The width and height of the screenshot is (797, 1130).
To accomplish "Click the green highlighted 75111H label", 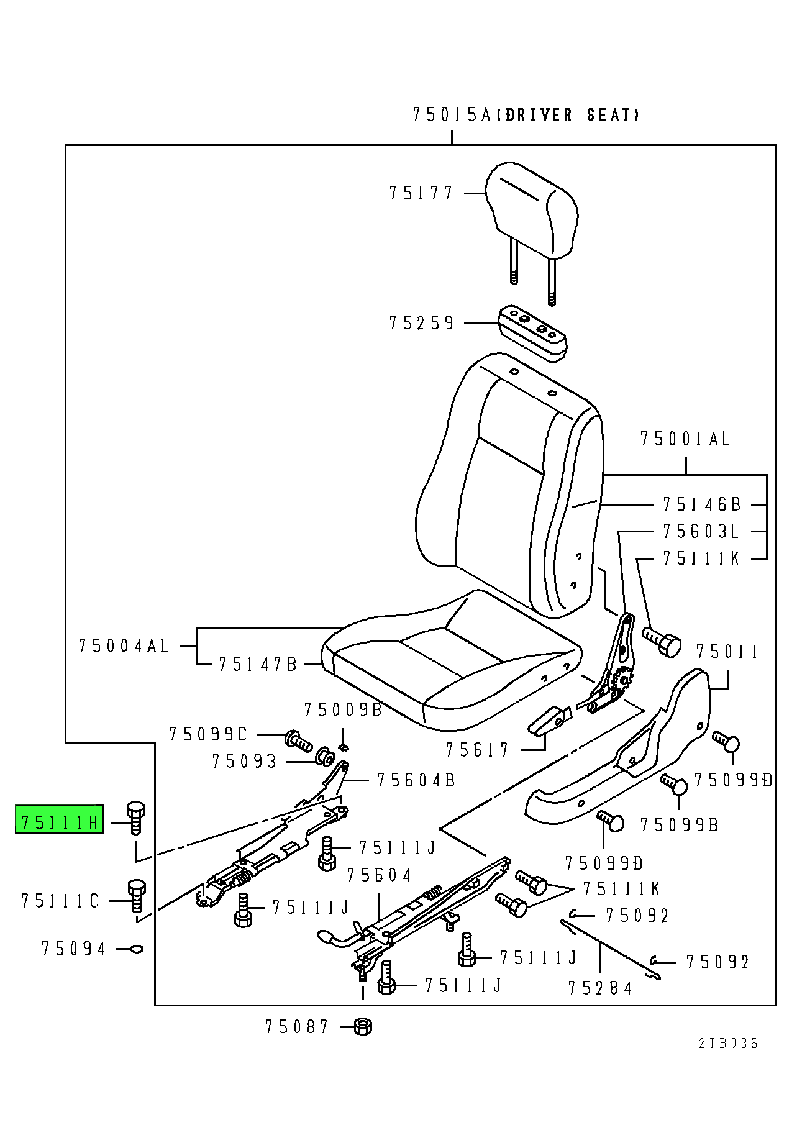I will pyautogui.click(x=59, y=822).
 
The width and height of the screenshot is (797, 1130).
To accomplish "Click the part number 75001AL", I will pyautogui.click(x=685, y=439).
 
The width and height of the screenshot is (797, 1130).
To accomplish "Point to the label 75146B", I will pyautogui.click(x=701, y=504).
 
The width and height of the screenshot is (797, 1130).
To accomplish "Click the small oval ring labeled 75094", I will pyautogui.click(x=137, y=949).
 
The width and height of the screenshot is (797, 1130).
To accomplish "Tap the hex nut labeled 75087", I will pyautogui.click(x=363, y=1026).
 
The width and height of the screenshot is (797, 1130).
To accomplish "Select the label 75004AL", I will pyautogui.click(x=124, y=646).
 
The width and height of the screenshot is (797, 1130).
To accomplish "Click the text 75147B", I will pyautogui.click(x=258, y=665).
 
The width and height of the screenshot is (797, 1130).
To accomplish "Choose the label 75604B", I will pyautogui.click(x=416, y=780).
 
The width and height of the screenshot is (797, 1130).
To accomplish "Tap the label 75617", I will pyautogui.click(x=477, y=750).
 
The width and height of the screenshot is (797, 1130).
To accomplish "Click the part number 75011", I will pyautogui.click(x=726, y=652).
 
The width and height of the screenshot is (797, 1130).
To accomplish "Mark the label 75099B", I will pyautogui.click(x=679, y=825).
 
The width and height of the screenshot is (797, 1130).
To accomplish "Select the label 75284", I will pyautogui.click(x=599, y=988).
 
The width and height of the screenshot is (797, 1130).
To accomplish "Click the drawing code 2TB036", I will pyautogui.click(x=727, y=1044).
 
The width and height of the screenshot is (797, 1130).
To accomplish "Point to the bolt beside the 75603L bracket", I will pyautogui.click(x=662, y=642).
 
